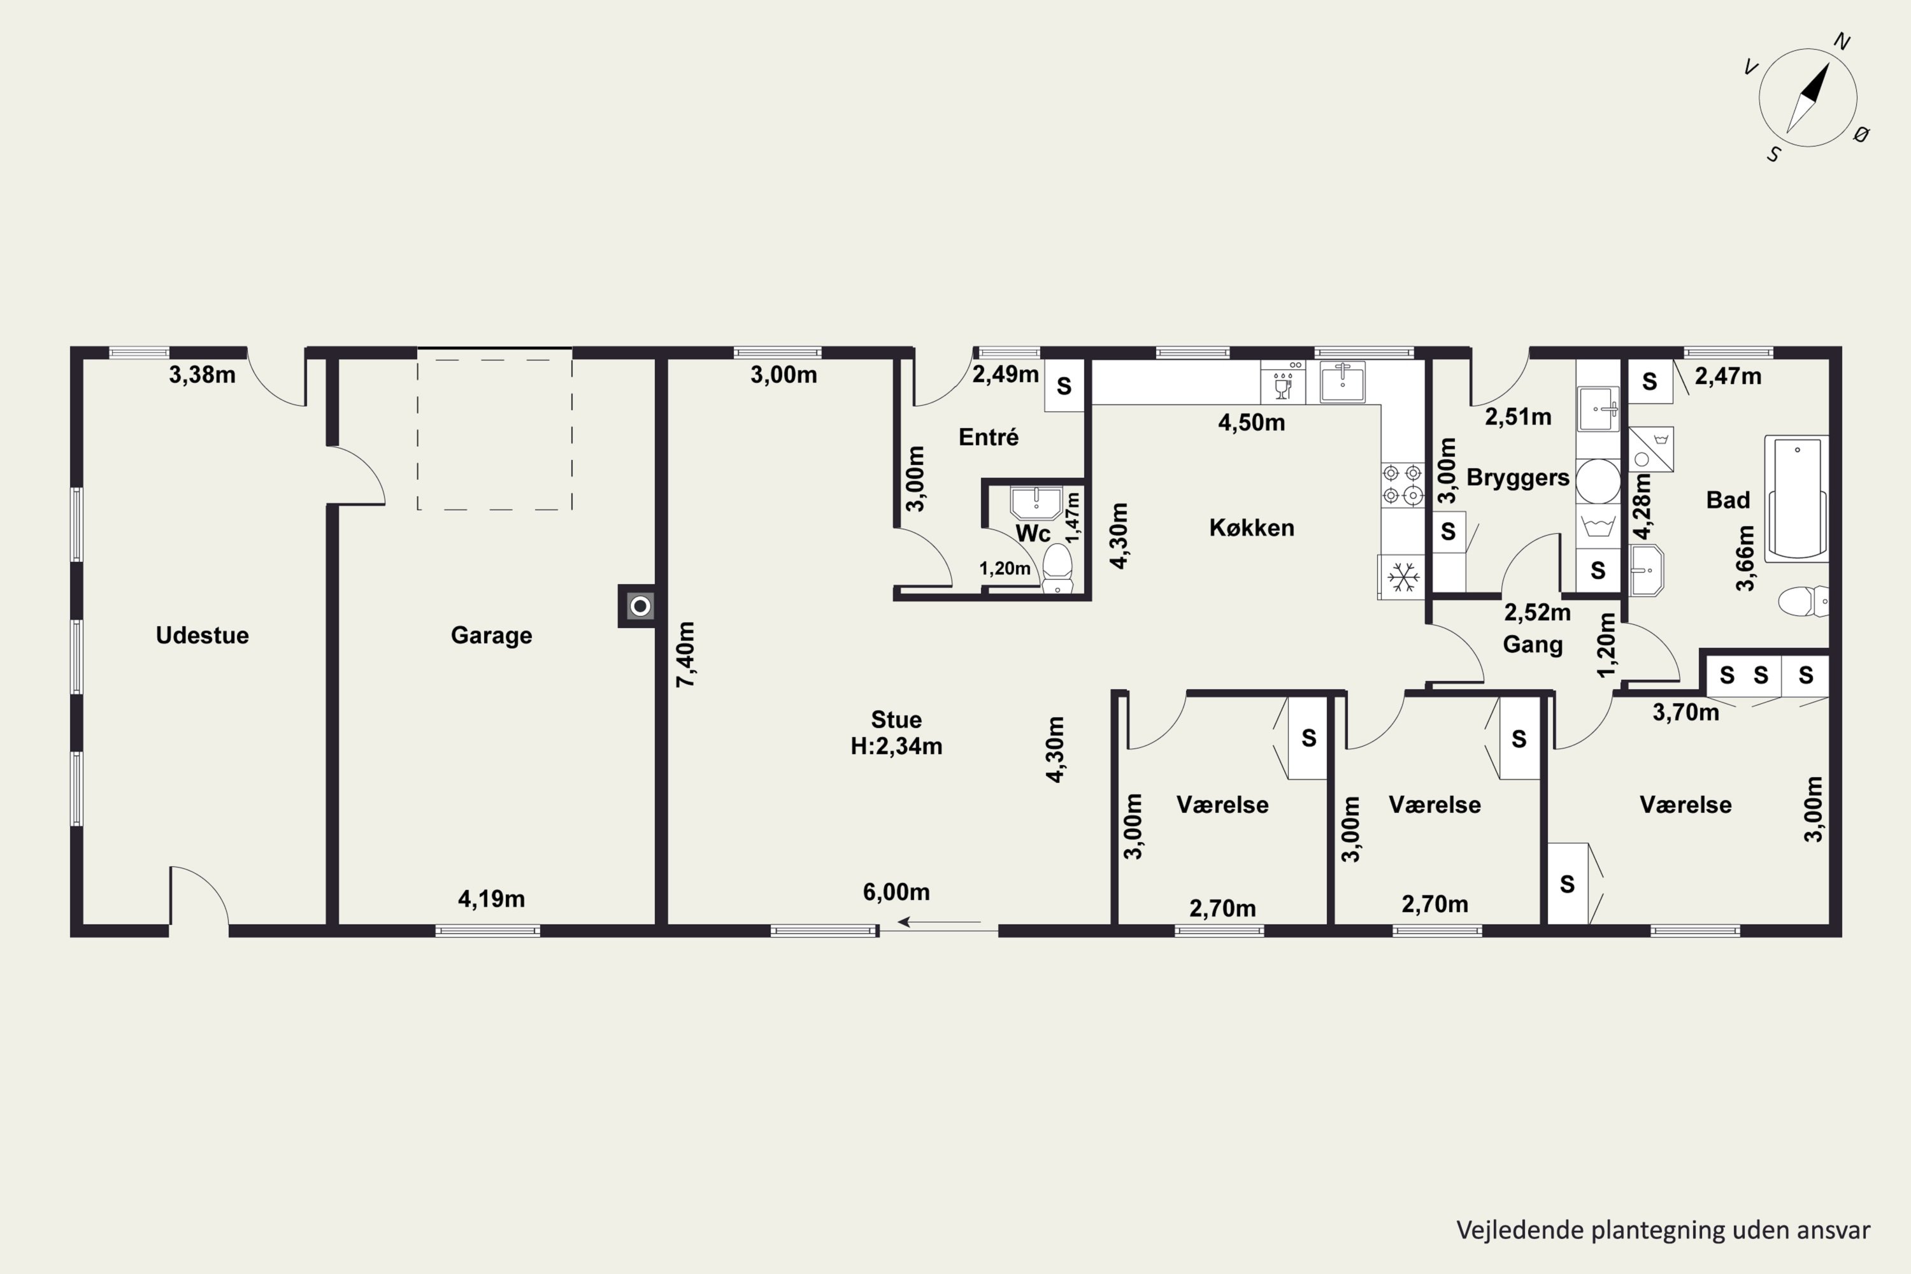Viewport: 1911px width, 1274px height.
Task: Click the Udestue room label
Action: pyautogui.click(x=203, y=635)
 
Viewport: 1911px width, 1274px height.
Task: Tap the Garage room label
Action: pyautogui.click(x=492, y=635)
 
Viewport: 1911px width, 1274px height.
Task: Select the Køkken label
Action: pyautogui.click(x=1251, y=528)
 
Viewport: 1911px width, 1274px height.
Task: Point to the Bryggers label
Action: pyautogui.click(x=1518, y=478)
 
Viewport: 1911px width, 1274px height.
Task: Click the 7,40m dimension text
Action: pyautogui.click(x=686, y=655)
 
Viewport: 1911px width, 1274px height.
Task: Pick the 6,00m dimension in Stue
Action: pyautogui.click(x=896, y=892)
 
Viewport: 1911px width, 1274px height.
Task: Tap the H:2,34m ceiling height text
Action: pyautogui.click(x=896, y=746)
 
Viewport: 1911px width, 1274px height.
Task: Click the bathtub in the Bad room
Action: pyautogui.click(x=1796, y=498)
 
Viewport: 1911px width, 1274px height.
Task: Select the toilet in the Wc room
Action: pyautogui.click(x=1057, y=568)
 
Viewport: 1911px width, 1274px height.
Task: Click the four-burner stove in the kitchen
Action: pyautogui.click(x=1403, y=484)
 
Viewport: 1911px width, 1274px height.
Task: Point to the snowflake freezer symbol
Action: pyautogui.click(x=1401, y=578)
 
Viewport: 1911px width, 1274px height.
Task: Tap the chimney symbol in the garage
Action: pyautogui.click(x=640, y=606)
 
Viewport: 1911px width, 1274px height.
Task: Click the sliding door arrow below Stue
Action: pyautogui.click(x=939, y=922)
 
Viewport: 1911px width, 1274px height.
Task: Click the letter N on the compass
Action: pyautogui.click(x=1842, y=41)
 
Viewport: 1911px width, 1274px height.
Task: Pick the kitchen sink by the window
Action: pyautogui.click(x=1342, y=382)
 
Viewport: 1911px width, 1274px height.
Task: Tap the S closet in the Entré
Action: pyautogui.click(x=1064, y=386)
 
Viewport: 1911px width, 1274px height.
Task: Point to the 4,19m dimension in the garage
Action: pyautogui.click(x=492, y=899)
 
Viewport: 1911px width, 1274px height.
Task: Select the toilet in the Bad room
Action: pyautogui.click(x=1803, y=601)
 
